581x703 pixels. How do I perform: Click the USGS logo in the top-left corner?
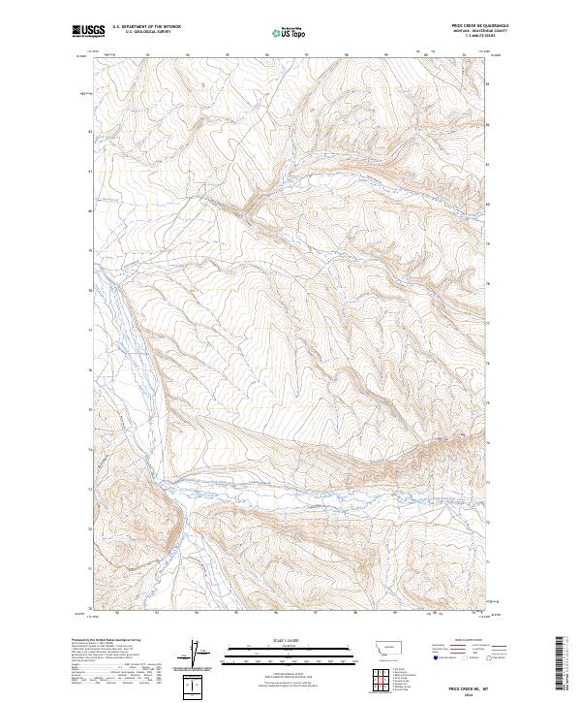click(88, 31)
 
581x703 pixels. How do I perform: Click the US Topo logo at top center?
click(281, 31)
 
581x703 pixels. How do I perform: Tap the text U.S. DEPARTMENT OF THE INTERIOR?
click(146, 27)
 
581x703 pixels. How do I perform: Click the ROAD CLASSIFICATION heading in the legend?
click(469, 640)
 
